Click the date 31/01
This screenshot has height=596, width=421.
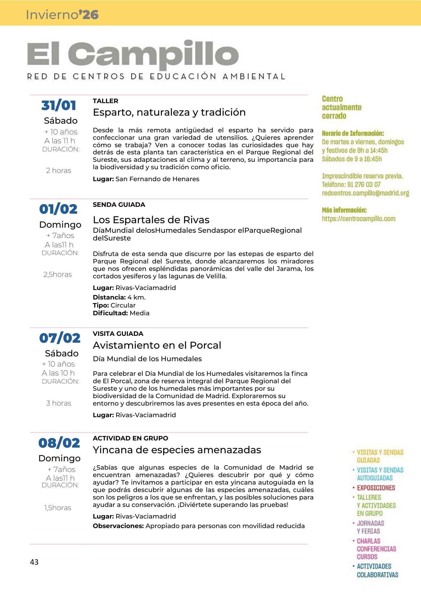coord(59,105)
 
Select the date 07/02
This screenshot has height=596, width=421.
coord(60,338)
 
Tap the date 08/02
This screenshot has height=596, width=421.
coord(59,443)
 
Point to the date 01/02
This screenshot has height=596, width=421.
coord(58,209)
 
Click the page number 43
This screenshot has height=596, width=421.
coord(34,562)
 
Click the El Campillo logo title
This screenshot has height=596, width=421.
coord(133,55)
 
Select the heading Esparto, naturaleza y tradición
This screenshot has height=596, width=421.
coord(169,112)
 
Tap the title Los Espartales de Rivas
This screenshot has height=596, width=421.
coord(151,220)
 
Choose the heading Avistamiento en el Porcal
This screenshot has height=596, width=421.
coord(157,345)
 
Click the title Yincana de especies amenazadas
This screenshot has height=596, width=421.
coord(177,450)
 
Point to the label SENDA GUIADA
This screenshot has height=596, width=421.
coord(119,205)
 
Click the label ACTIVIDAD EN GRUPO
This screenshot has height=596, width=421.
coord(130,438)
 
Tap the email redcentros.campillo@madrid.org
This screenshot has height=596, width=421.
coord(365,193)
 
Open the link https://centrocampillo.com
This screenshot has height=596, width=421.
coord(358,219)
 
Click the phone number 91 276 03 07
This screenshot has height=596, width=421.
coord(364,184)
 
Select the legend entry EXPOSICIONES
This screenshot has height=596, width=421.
coord(376,488)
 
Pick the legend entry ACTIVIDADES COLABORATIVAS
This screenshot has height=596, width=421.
coord(377,570)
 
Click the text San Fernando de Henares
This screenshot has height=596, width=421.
coord(157,179)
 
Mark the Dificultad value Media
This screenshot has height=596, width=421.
coord(139,313)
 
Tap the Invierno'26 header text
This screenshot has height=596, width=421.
coord(62,15)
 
